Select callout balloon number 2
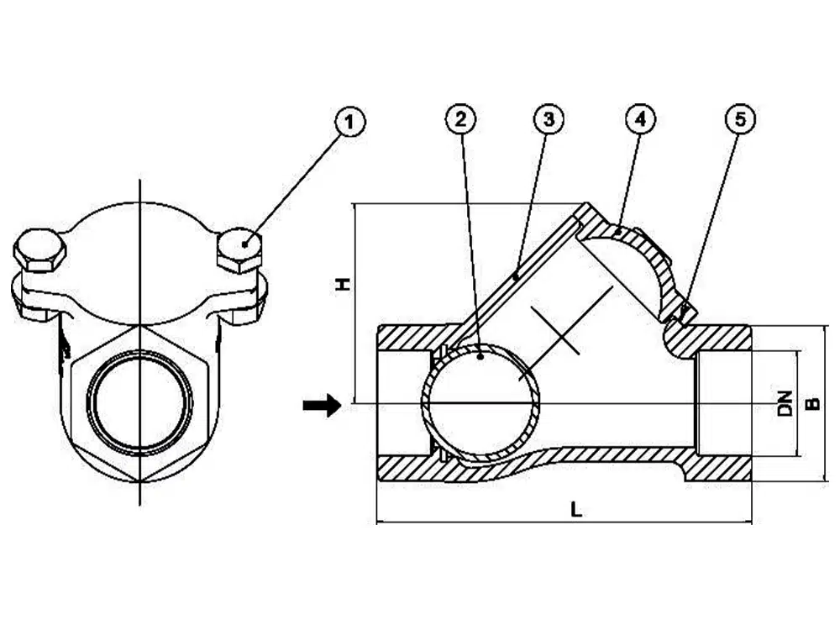(x=460, y=120)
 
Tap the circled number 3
(x=548, y=120)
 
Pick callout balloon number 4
(x=640, y=120)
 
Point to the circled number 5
(x=740, y=120)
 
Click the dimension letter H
(x=342, y=285)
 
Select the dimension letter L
(x=575, y=508)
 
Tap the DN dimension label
(x=785, y=404)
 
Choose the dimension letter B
(x=812, y=404)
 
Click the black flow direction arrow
(x=322, y=406)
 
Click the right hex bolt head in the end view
(x=239, y=249)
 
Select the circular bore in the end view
(x=140, y=404)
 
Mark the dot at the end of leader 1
(x=244, y=244)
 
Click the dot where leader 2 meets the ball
(x=479, y=356)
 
